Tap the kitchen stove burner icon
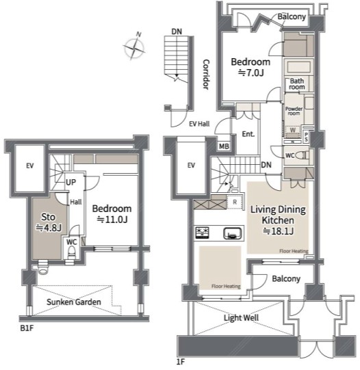point(203,233)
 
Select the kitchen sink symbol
point(233,233)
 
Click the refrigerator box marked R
point(235,202)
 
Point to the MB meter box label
point(224,146)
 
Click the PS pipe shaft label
point(306,137)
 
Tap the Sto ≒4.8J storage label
point(49,222)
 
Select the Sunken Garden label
point(74,302)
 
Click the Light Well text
point(241,317)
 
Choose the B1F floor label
point(27,328)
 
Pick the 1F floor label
point(181,362)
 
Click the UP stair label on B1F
point(70,182)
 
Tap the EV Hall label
point(199,124)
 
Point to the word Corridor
point(206,75)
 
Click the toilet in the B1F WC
point(71,253)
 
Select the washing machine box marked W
point(293,132)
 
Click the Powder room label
point(294,111)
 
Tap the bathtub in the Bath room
point(298,67)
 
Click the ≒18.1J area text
point(279,231)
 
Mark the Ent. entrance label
point(248,134)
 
